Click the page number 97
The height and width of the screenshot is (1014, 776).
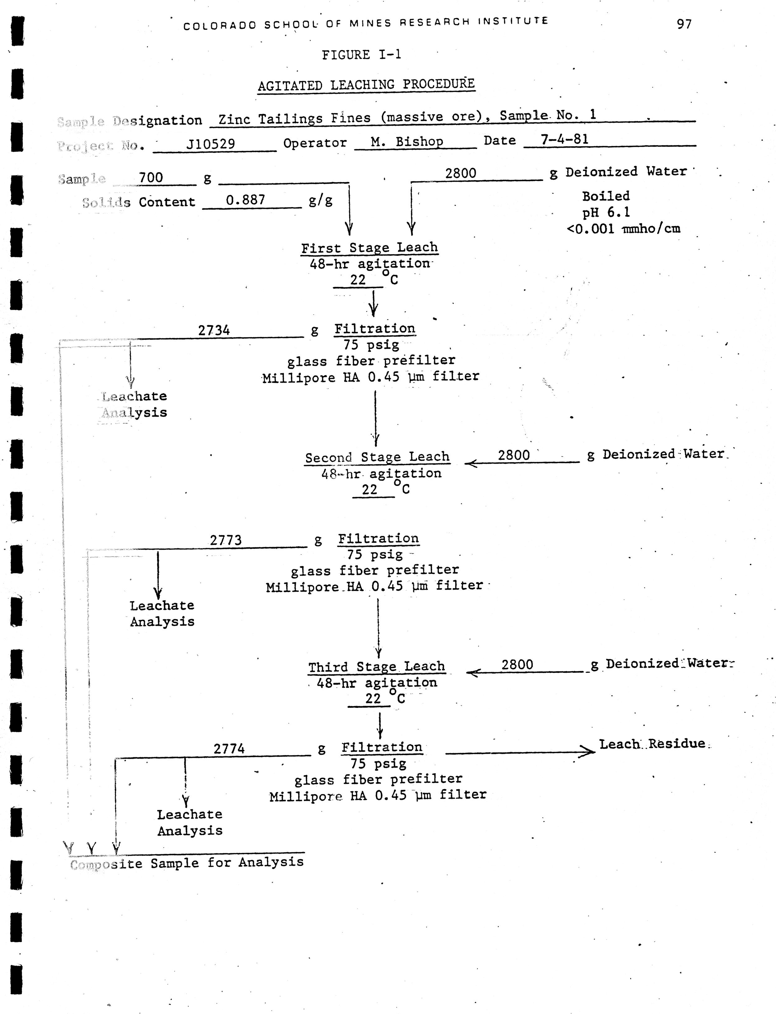pos(684,24)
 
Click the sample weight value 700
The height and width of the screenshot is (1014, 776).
pos(151,178)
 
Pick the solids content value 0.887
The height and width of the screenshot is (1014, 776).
pos(245,200)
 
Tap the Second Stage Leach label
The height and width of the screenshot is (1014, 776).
pos(377,457)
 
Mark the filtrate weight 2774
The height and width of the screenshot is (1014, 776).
pos(229,749)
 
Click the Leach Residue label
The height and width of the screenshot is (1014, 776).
pos(652,744)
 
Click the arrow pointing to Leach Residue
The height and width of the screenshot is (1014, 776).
pos(520,753)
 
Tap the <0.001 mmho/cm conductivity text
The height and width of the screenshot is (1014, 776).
pos(623,229)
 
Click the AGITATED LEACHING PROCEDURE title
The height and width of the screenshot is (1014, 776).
pos(366,85)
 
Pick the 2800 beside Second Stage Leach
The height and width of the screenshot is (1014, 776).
pos(514,456)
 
